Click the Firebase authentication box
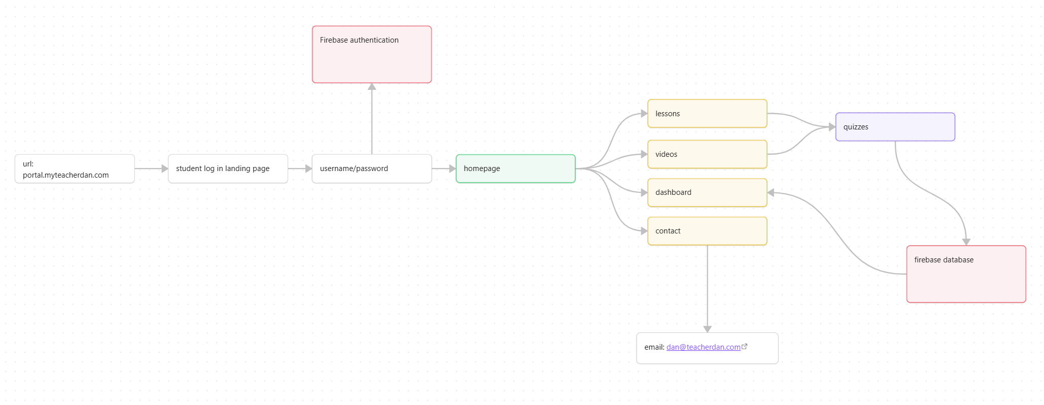(371, 55)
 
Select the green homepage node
(515, 168)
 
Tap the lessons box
(707, 114)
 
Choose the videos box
(707, 154)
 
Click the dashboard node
(707, 192)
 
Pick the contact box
(707, 231)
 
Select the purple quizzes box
(895, 127)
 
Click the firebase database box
(966, 274)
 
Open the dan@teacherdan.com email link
(703, 347)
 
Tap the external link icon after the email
(744, 347)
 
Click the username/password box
(371, 168)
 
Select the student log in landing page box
(228, 168)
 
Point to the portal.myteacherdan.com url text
(66, 175)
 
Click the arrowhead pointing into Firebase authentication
(372, 87)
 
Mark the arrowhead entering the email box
(707, 329)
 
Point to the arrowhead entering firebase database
(966, 242)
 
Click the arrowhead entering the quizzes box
(832, 127)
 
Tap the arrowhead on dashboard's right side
(771, 192)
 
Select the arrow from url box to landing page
(151, 168)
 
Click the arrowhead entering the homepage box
(452, 168)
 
